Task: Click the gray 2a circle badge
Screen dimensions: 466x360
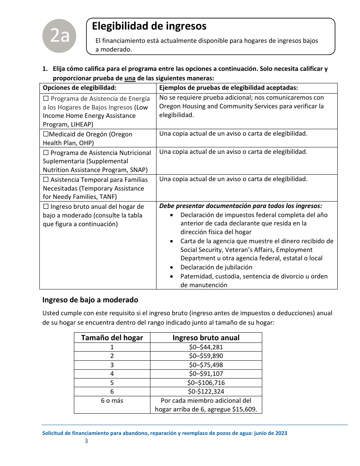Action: coord(59,36)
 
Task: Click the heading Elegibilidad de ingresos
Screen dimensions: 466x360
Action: coord(149,26)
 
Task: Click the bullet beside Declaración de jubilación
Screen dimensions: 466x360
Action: coord(172,267)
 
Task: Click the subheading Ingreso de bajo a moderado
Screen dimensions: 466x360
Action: coord(90,300)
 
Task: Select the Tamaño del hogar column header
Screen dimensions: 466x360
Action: coord(112,338)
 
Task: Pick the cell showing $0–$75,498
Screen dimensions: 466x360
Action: coord(206,365)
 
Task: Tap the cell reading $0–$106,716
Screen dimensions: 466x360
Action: coord(206,383)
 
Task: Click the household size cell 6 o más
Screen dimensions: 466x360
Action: coord(112,400)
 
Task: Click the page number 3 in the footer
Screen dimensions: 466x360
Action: coord(86,441)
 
